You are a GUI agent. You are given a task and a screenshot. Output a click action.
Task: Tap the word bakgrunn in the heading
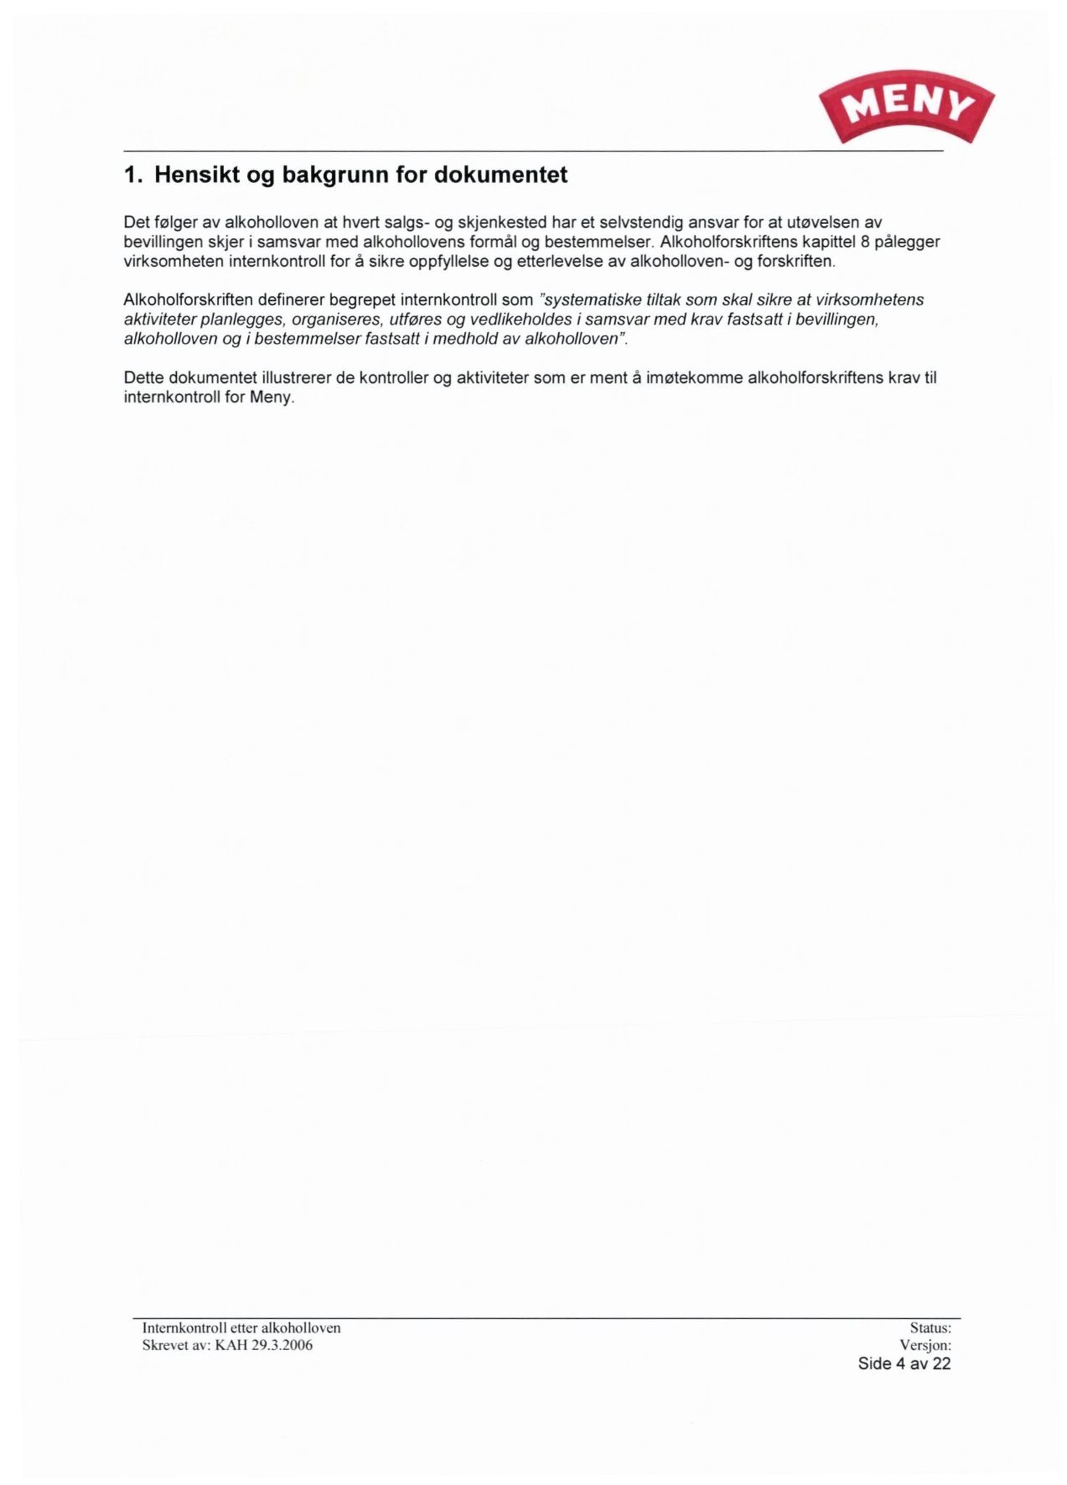(x=337, y=175)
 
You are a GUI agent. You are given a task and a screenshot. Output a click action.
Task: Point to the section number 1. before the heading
(x=132, y=175)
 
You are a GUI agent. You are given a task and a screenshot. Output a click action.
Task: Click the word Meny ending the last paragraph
(x=270, y=398)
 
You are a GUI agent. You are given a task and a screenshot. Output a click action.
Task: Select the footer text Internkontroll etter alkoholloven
(x=241, y=1328)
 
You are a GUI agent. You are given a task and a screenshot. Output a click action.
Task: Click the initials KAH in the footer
(x=231, y=1346)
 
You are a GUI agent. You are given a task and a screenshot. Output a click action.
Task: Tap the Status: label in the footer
(x=930, y=1328)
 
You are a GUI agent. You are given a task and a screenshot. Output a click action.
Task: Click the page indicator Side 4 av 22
(x=904, y=1364)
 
